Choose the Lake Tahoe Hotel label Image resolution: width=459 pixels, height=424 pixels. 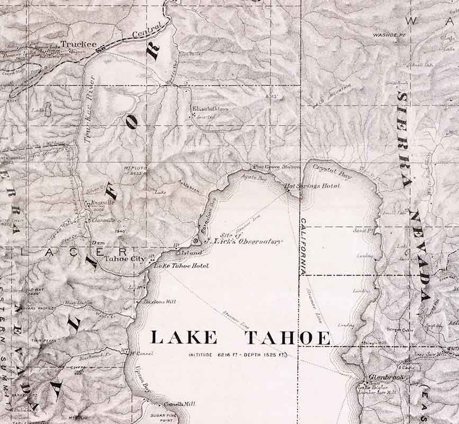pos(181,266)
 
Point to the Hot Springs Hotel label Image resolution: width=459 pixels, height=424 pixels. pos(319,186)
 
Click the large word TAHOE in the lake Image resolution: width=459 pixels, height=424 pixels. pos(287,338)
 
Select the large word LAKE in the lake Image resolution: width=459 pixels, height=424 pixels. pos(183,338)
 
